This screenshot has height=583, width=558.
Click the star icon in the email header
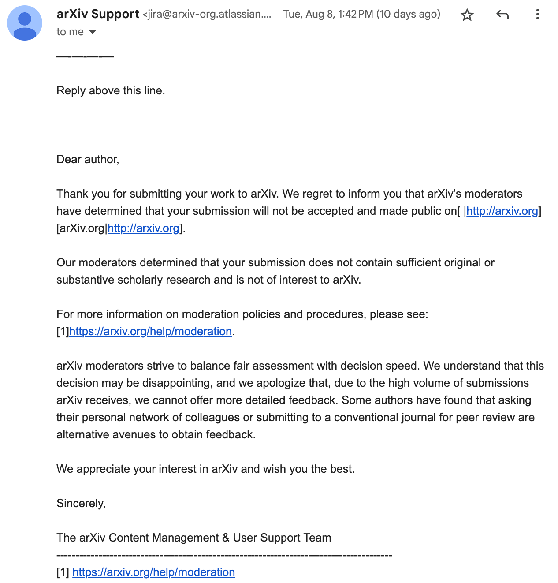coord(467,15)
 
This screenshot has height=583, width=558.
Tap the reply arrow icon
coord(502,15)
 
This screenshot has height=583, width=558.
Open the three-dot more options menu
coord(537,15)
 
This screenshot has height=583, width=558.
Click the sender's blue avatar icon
coord(25,23)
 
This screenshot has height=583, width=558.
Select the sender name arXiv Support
coord(98,14)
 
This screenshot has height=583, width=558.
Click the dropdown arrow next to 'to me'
coord(93,32)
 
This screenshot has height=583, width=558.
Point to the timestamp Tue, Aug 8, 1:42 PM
coord(328,14)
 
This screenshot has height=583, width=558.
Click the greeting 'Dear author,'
coord(88,159)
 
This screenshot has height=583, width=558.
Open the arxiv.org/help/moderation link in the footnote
coord(153,572)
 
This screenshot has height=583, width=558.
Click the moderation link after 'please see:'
coord(150,331)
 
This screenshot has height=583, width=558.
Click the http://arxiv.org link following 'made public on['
coord(502,211)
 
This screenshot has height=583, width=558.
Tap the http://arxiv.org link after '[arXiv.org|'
coord(143,228)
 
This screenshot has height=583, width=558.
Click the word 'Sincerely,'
coord(81,503)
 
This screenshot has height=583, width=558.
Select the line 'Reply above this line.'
coord(111,90)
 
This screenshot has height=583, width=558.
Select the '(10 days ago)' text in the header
coord(408,14)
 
